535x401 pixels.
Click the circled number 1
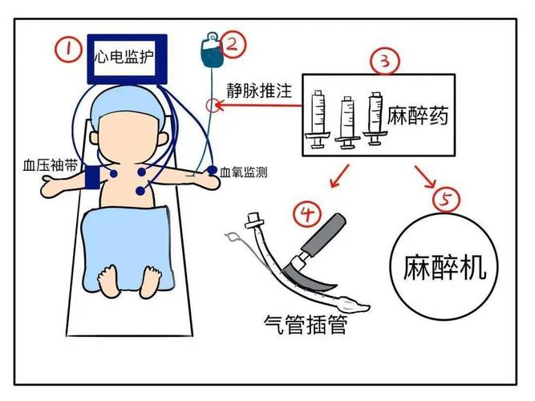70,51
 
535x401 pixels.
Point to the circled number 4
308,213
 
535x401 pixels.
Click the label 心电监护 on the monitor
125,58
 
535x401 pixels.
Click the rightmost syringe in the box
375,118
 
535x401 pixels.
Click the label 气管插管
306,326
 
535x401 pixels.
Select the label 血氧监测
245,172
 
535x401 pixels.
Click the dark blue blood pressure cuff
93,178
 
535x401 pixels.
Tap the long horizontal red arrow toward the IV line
261,103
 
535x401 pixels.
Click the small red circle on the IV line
213,104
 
